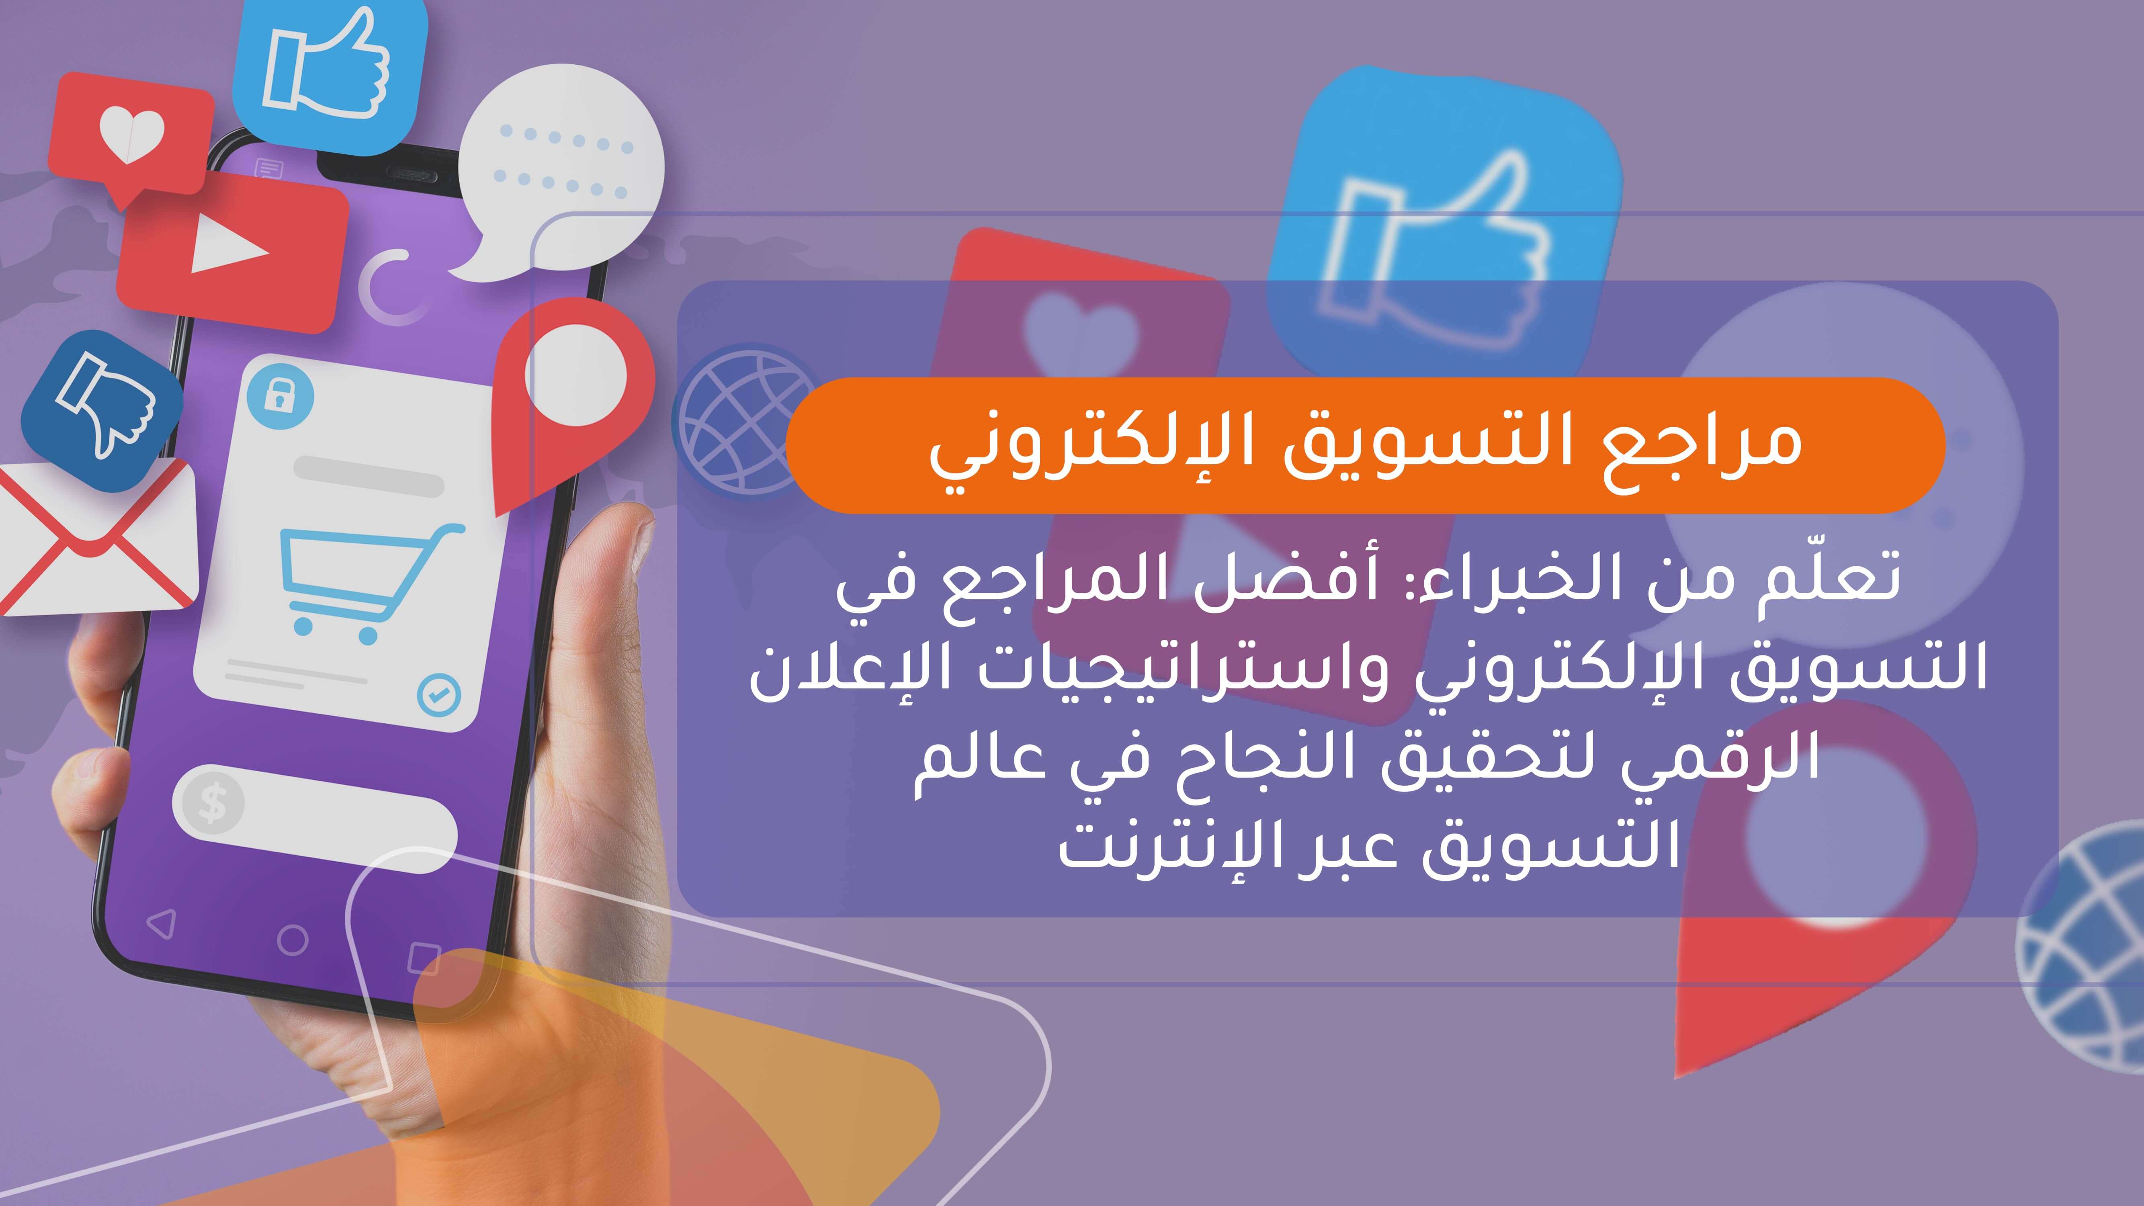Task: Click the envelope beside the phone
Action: coord(92,541)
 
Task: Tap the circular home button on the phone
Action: coord(292,940)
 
